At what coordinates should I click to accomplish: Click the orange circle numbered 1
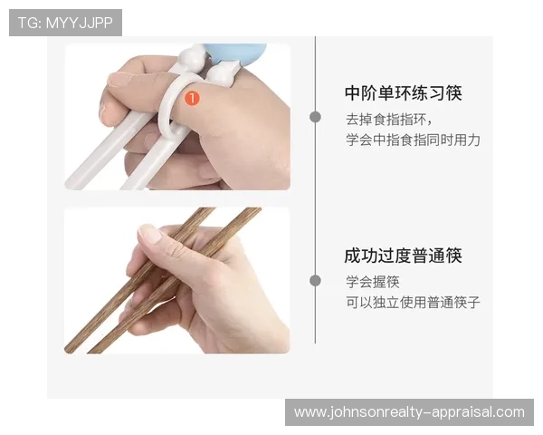pos(192,95)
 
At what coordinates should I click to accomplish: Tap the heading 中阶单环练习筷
pos(404,93)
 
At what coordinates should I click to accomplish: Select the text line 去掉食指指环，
pos(389,119)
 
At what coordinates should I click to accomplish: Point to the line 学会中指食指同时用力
pos(412,140)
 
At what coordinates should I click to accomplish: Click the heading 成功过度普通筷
pos(404,256)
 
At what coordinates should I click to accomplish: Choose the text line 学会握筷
pos(373,281)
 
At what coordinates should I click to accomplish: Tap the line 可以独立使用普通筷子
pos(412,303)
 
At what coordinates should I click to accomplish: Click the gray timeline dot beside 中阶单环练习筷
pos(315,117)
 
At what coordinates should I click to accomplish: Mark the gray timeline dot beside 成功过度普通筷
pos(315,281)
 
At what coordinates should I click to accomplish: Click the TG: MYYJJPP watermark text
pos(65,23)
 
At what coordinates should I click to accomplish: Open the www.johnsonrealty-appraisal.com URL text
pos(409,412)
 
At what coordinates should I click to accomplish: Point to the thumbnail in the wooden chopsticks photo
pos(150,235)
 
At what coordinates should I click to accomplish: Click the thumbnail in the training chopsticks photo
pos(119,79)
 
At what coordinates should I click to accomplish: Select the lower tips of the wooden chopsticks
pos(81,346)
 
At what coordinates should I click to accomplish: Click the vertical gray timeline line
pos(315,199)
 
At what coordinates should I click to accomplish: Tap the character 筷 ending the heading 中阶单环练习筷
pos(453,93)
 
